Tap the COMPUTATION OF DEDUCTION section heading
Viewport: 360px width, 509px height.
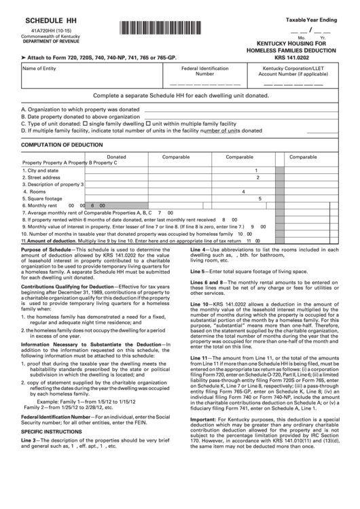point(63,145)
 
